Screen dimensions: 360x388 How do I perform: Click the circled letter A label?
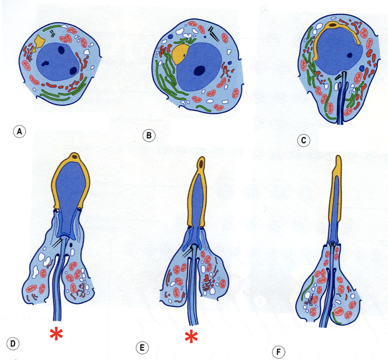19,131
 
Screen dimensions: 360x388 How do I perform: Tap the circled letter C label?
304,140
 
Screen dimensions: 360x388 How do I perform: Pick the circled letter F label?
279,352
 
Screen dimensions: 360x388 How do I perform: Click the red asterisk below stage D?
56,334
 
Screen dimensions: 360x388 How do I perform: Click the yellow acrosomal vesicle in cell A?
39,43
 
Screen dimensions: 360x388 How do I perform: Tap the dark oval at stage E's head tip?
202,164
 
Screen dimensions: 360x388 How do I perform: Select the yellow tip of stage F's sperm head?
337,163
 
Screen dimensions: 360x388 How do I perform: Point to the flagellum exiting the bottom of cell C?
341,113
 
